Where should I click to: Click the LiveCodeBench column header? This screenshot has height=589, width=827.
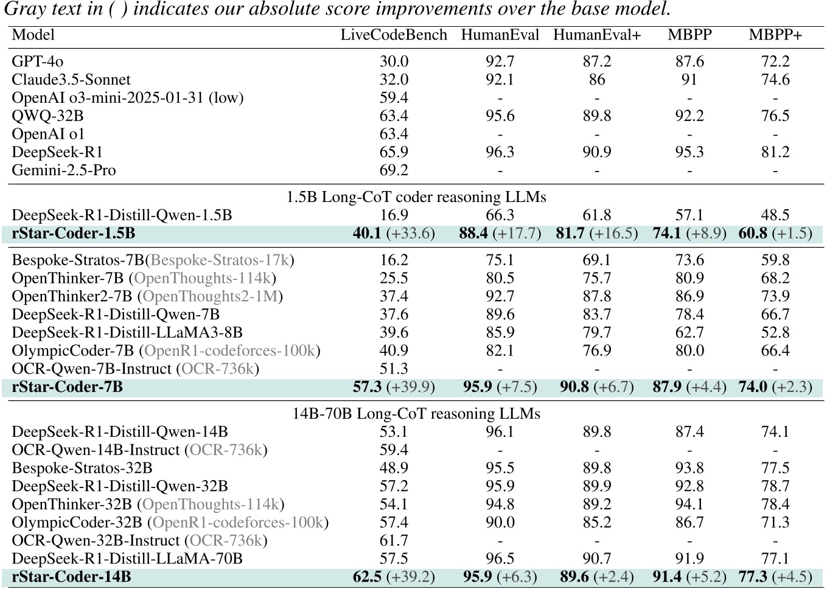[394, 35]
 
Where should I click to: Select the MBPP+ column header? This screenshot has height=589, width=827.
[775, 35]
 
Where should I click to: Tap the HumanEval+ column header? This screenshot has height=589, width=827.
[597, 35]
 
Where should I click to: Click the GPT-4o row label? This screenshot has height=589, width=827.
[37, 61]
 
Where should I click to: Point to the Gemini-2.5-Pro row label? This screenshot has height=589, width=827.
[63, 170]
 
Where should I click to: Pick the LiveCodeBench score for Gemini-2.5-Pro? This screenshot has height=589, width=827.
[394, 170]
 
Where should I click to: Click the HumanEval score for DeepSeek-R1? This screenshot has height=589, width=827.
[500, 152]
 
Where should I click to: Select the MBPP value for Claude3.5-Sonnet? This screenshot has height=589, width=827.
[689, 80]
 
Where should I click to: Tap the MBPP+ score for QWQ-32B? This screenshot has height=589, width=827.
[775, 116]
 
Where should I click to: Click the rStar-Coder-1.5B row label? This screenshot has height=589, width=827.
[73, 234]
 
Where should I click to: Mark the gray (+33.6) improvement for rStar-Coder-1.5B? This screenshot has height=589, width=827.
[411, 234]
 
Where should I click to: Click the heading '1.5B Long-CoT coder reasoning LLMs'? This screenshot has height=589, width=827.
[416, 197]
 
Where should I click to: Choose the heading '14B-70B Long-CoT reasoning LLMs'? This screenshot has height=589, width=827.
[416, 414]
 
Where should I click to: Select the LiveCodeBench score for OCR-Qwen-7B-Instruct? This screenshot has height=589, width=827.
[394, 369]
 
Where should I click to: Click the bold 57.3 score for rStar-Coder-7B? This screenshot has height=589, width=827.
[367, 387]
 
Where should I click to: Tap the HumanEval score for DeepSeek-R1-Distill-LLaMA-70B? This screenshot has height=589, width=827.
[500, 559]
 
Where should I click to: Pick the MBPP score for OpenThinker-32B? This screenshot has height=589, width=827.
[689, 504]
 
